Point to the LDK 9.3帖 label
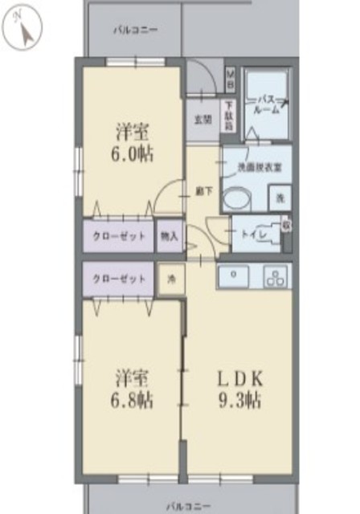click(238, 389)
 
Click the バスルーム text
click(267, 104)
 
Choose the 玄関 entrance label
click(202, 120)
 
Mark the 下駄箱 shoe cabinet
click(229, 116)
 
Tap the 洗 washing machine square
click(280, 198)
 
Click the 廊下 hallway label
click(203, 191)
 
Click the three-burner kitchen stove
click(275, 278)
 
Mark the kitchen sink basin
click(235, 275)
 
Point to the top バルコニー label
click(135, 30)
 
